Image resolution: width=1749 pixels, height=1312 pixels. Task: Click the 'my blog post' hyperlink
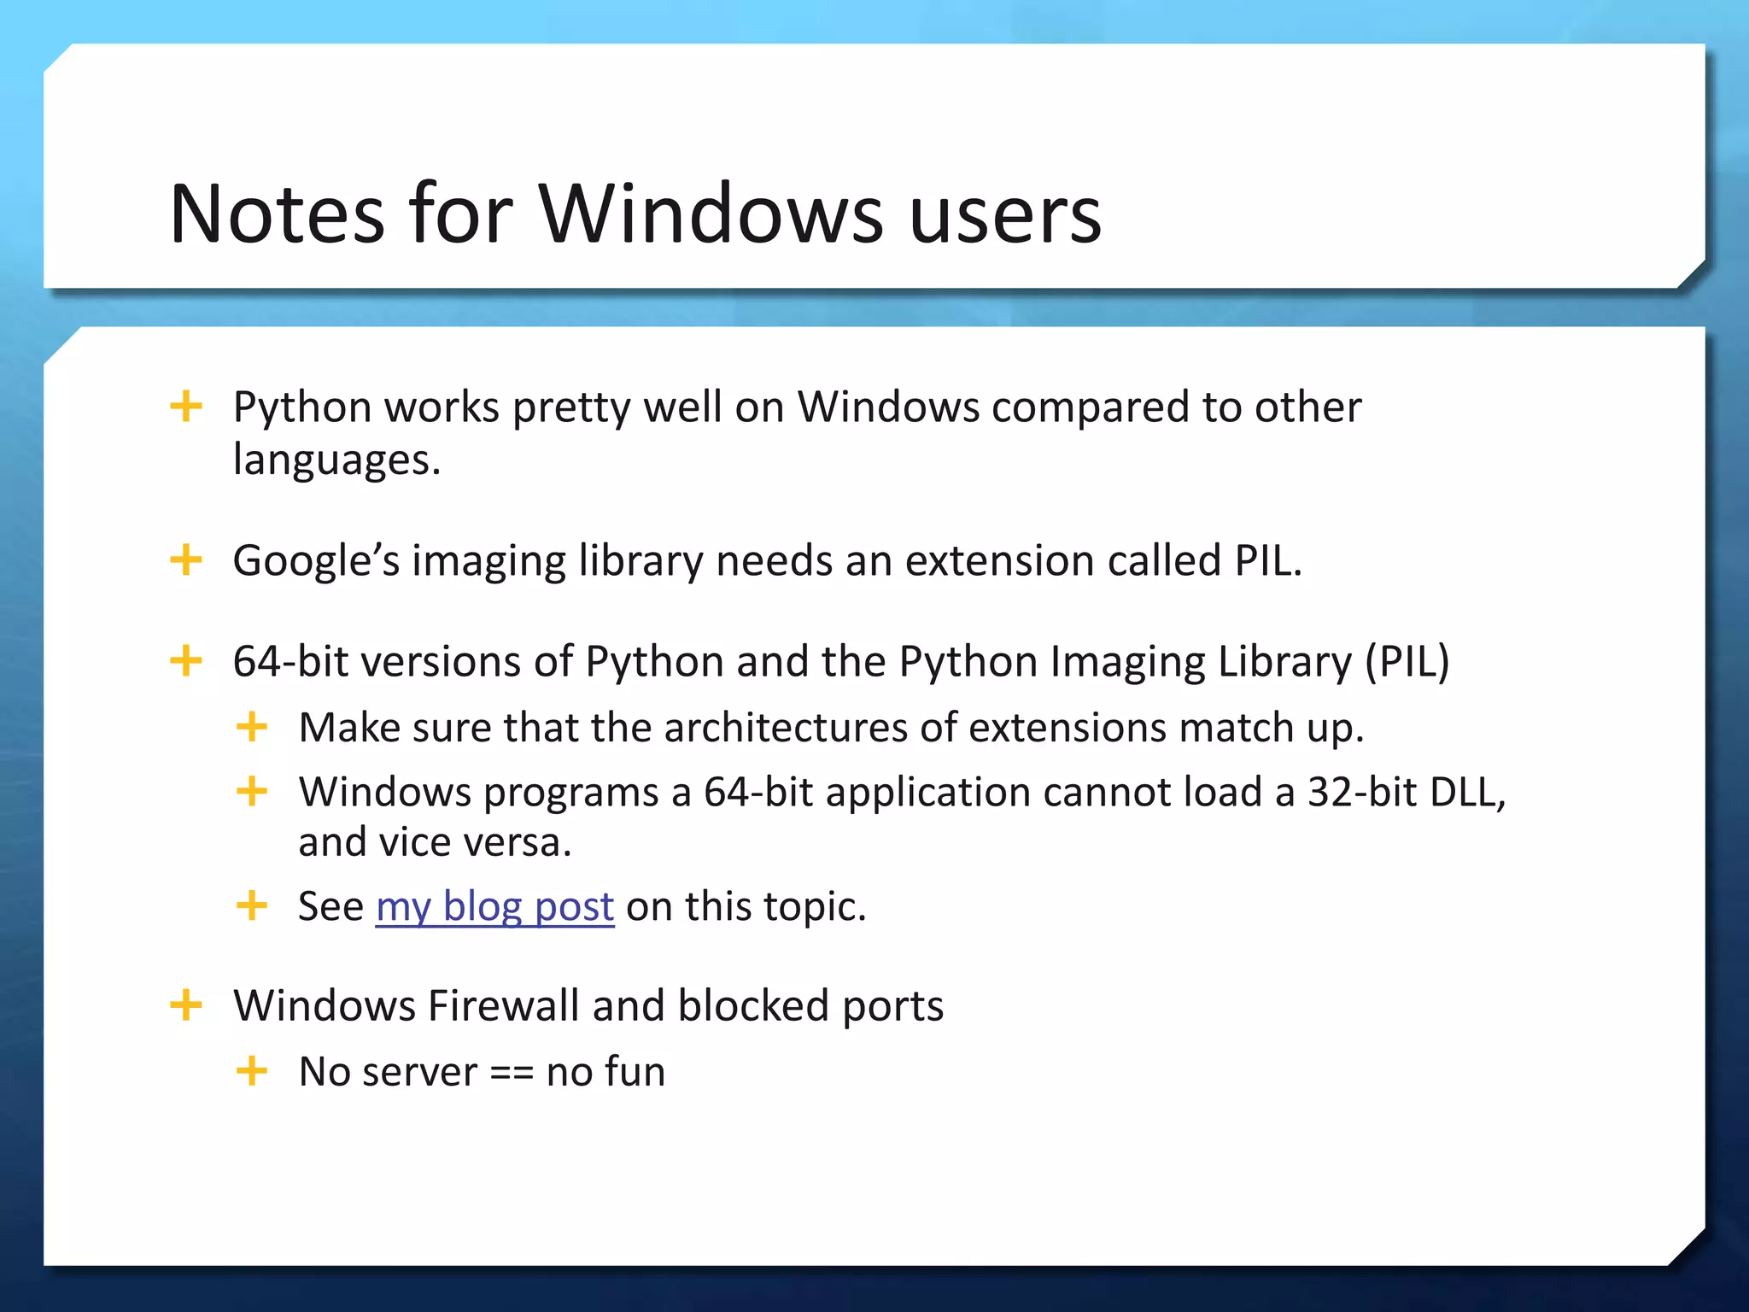(x=494, y=906)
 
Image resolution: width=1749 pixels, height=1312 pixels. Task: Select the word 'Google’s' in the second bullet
(x=316, y=561)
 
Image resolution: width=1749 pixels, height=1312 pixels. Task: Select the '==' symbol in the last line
(x=512, y=1072)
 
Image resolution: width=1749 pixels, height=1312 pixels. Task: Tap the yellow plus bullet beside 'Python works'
(x=186, y=406)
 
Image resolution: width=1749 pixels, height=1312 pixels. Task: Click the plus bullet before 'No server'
(x=252, y=1070)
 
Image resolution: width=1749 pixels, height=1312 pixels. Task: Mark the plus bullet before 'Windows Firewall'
(x=186, y=1004)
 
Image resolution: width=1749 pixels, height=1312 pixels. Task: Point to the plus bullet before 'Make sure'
(x=252, y=727)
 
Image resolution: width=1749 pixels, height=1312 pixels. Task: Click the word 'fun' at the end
(x=633, y=1072)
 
